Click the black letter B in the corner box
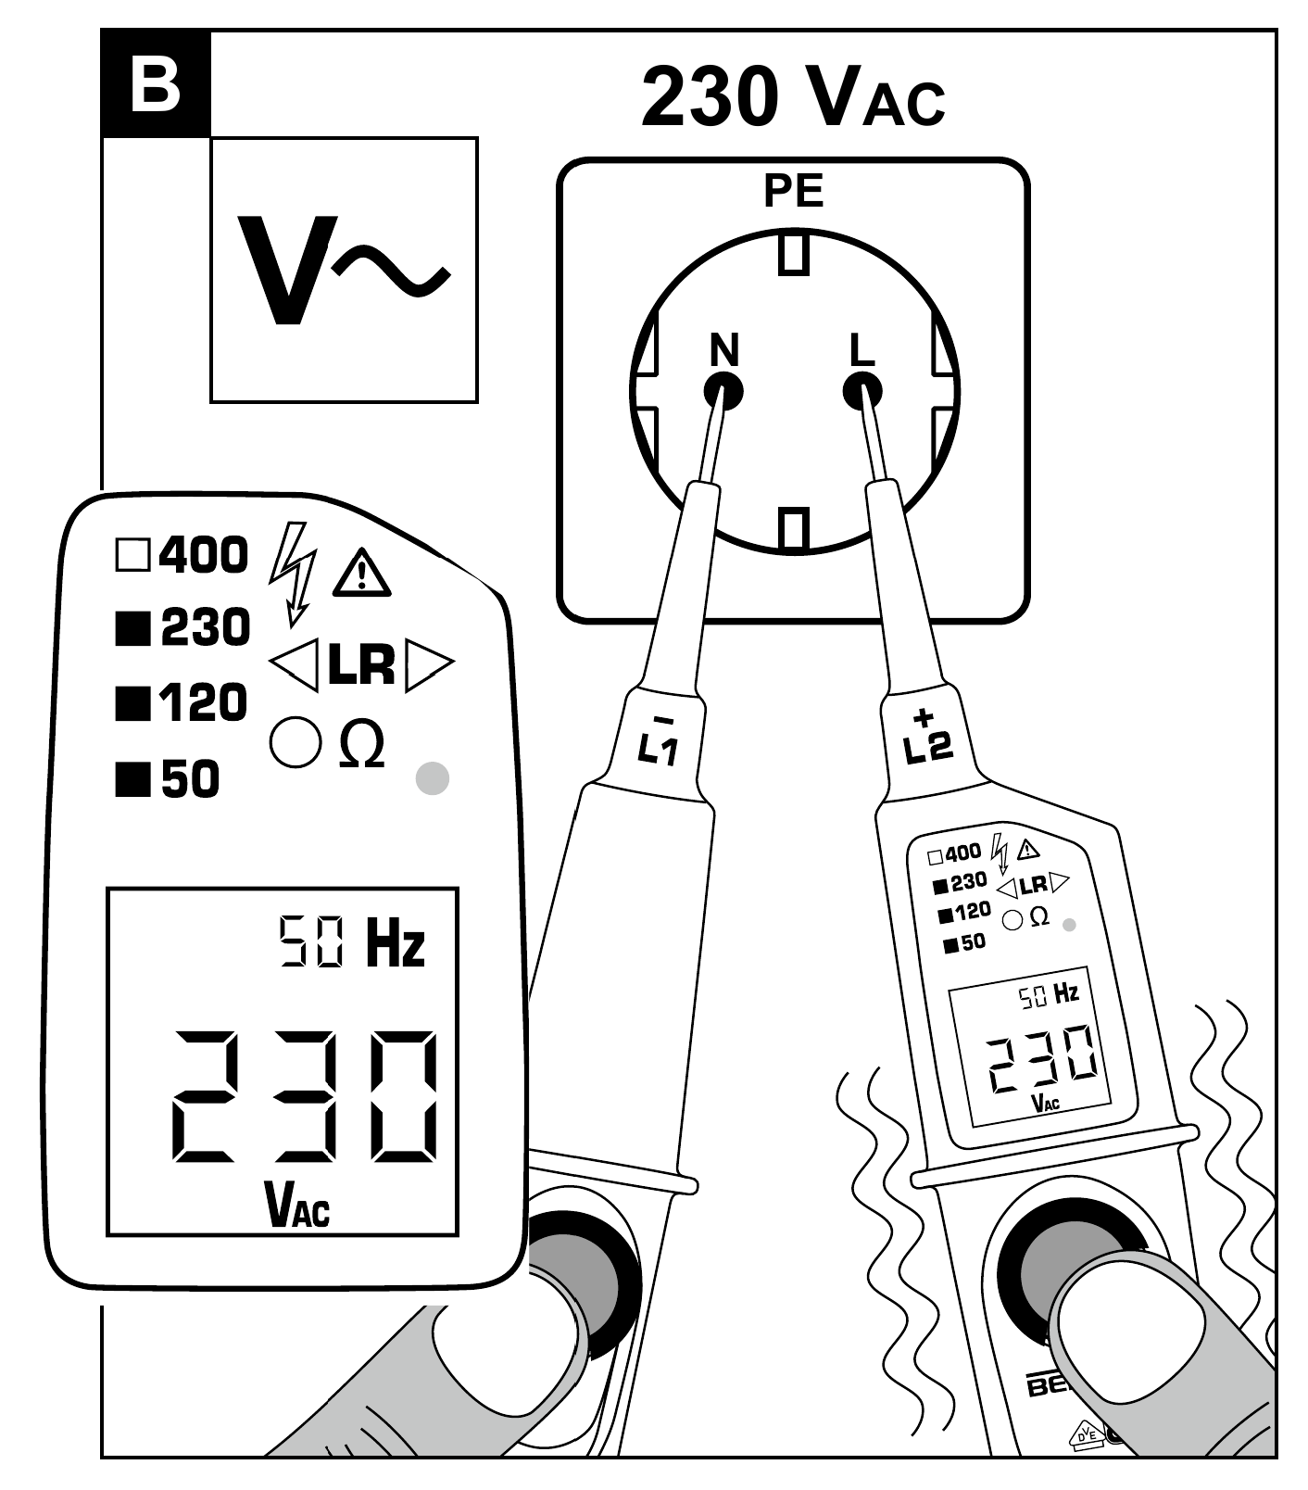tap(155, 84)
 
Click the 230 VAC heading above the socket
tap(793, 97)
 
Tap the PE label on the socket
tap(793, 191)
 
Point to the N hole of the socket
tap(723, 392)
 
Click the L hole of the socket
tap(862, 391)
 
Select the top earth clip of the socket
tap(794, 253)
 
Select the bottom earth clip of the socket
tap(794, 530)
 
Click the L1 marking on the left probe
tap(660, 742)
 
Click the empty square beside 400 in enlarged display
tap(132, 556)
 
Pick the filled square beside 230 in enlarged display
tap(132, 629)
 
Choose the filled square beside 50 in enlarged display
tap(132, 779)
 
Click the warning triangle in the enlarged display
tap(361, 572)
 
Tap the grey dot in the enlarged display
tap(433, 778)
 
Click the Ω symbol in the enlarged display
tap(362, 744)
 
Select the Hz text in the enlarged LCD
tap(396, 943)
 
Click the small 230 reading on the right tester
tap(1041, 1059)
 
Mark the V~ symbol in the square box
tap(344, 270)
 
